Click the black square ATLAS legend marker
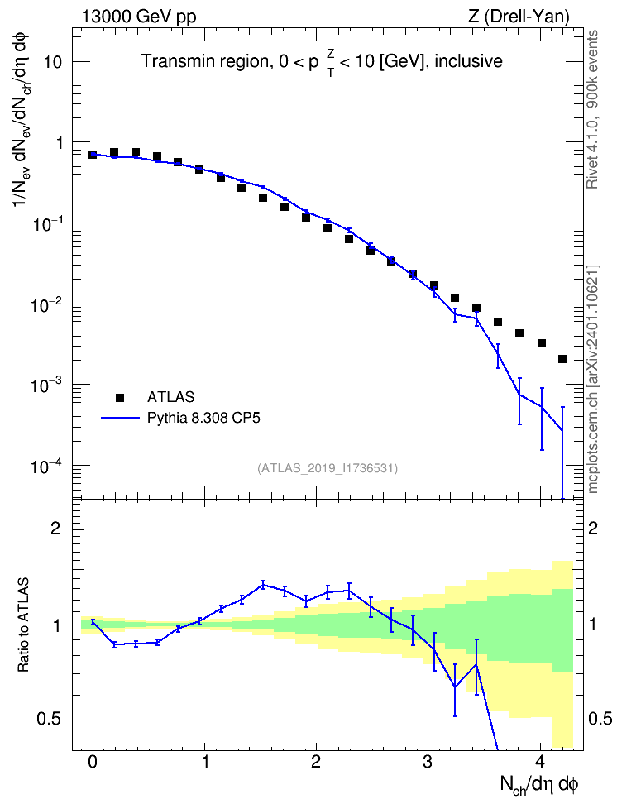point(120,397)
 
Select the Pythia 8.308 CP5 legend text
point(203,418)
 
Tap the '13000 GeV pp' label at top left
point(139,17)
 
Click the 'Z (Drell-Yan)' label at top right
point(519,17)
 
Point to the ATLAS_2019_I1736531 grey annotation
point(328,468)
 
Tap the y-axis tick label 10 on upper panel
point(53,62)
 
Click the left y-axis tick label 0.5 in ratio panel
point(50,720)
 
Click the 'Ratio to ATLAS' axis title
point(23,625)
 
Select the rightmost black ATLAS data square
point(562,359)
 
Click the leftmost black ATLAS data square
point(93,155)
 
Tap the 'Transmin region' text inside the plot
point(204,61)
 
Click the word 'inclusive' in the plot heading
point(468,61)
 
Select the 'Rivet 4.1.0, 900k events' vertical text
point(593,109)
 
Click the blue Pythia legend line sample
point(120,419)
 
